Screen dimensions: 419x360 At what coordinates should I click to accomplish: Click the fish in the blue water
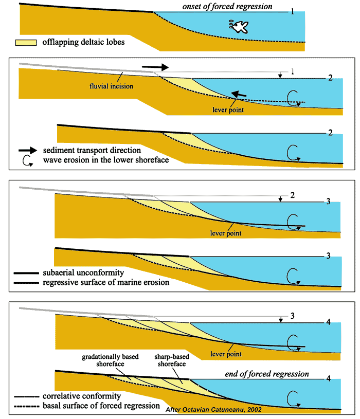(x=237, y=26)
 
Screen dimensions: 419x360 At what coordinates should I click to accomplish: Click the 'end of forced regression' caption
(x=267, y=374)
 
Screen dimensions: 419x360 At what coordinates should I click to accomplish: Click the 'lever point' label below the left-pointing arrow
(x=226, y=110)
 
